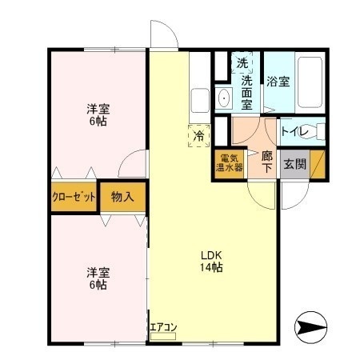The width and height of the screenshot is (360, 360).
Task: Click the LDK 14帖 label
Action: [211, 262]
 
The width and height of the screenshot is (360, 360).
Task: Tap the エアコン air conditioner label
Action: [163, 327]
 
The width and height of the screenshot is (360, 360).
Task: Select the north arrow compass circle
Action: [310, 327]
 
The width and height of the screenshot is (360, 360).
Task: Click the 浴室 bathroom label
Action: [278, 82]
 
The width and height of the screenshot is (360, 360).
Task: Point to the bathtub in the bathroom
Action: [310, 82]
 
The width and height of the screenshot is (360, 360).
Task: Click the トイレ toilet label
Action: [294, 131]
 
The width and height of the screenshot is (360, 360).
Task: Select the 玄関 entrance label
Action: [294, 164]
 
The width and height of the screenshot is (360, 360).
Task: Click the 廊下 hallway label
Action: [267, 162]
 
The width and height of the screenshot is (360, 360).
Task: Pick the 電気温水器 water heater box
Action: [229, 163]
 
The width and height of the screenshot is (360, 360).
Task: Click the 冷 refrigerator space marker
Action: [199, 135]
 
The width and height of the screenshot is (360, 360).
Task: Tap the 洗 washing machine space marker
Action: [242, 63]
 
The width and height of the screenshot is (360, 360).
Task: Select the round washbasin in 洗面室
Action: [224, 98]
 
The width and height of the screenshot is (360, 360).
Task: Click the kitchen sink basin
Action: [200, 101]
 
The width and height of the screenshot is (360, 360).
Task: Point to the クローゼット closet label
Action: [74, 197]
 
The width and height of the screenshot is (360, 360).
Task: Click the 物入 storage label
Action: [122, 197]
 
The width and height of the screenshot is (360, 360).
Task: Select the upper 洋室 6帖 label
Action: [98, 115]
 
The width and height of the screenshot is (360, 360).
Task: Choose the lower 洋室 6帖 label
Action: [98, 278]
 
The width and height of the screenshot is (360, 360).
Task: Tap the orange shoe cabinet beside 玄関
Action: [318, 164]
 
